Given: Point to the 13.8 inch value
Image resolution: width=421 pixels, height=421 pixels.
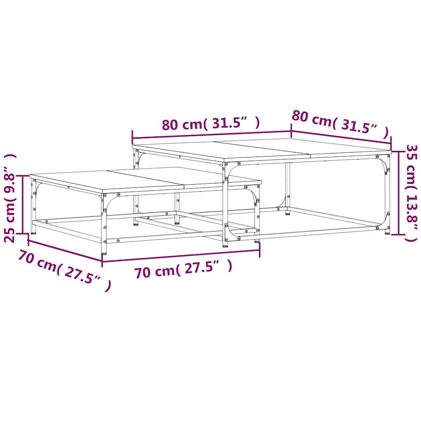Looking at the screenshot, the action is click(412, 212).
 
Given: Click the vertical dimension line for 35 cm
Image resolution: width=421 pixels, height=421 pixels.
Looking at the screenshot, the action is click(399, 193).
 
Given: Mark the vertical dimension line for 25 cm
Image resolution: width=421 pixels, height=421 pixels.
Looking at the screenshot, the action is click(23, 204).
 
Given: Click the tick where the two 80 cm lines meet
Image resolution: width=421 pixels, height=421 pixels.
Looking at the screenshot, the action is click(291, 131).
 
